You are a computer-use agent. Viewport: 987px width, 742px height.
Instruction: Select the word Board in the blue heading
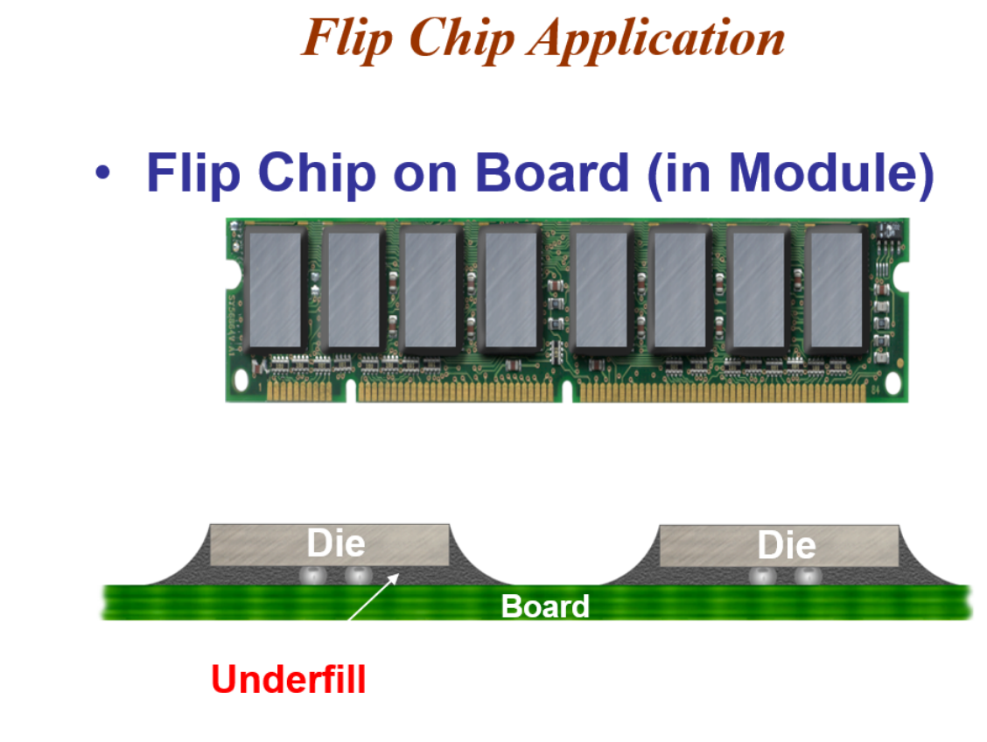click(x=551, y=171)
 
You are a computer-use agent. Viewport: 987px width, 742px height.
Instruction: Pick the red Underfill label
click(x=288, y=680)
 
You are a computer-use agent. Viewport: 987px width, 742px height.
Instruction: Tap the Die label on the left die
click(x=335, y=543)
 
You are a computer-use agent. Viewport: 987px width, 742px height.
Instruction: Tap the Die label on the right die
click(x=786, y=545)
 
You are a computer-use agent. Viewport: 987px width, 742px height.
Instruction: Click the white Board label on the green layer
click(x=544, y=605)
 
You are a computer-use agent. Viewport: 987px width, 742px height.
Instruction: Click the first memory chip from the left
click(x=273, y=290)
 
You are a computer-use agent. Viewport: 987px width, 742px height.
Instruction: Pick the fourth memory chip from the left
click(x=511, y=290)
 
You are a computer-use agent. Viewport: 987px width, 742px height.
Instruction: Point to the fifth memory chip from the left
click(x=602, y=290)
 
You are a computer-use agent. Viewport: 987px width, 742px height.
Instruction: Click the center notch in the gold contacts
click(x=567, y=393)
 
